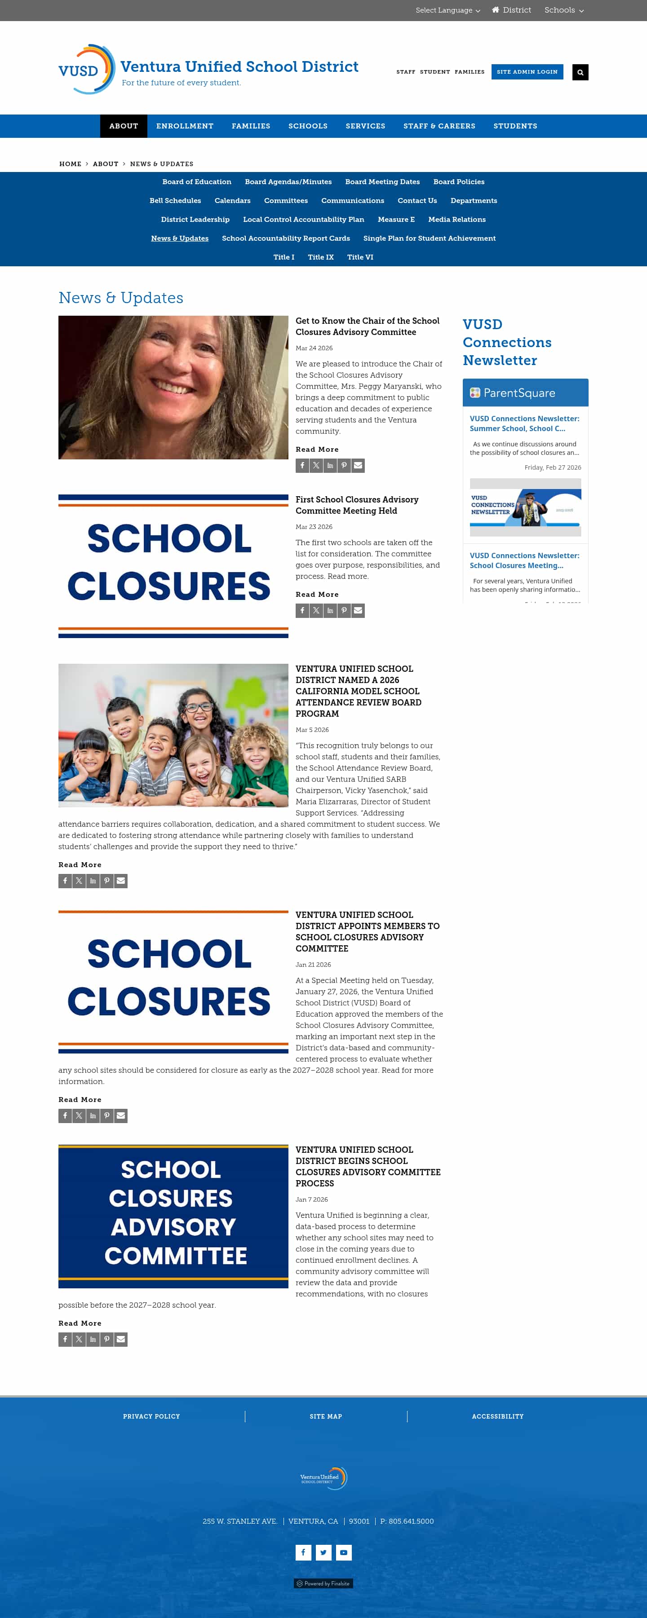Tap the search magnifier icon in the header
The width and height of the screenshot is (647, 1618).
click(x=580, y=72)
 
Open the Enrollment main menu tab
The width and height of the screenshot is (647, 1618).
click(x=185, y=126)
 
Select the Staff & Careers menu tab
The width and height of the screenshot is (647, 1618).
click(x=439, y=126)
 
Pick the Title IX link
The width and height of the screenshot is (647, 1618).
click(x=320, y=257)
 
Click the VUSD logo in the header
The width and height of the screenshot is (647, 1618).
click(x=87, y=70)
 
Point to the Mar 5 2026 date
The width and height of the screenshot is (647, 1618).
click(x=312, y=730)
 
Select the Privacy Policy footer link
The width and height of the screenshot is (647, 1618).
click(x=151, y=1416)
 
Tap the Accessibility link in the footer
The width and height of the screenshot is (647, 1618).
click(x=497, y=1416)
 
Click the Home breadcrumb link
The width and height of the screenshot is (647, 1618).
click(x=71, y=164)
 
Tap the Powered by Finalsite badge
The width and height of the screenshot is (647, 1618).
click(x=323, y=1583)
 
